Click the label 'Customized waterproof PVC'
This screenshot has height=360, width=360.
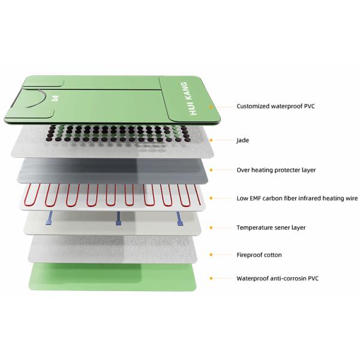tap(275, 106)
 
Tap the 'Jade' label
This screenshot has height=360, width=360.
tap(242, 140)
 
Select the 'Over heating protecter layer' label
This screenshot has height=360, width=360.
tap(276, 170)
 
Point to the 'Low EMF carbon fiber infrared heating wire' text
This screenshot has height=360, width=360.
tap(297, 198)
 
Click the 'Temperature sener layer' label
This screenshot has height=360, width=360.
tap(271, 227)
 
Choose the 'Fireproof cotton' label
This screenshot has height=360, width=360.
tap(259, 254)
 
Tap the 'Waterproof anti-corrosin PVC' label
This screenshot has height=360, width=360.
tap(278, 278)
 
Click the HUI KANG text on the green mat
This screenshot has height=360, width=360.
tap(189, 98)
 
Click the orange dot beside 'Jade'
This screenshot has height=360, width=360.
tap(211, 140)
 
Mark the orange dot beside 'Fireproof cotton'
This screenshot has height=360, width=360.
tap(211, 254)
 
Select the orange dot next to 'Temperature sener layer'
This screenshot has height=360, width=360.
tap(211, 227)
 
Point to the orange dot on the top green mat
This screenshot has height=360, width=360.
tap(211, 107)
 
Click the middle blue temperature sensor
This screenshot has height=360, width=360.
tap(118, 218)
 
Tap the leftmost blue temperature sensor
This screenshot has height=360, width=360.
tap(49, 218)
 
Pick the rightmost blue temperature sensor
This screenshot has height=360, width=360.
tap(179, 219)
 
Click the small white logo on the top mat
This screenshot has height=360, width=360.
tap(55, 98)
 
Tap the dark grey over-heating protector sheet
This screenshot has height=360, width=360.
tap(113, 170)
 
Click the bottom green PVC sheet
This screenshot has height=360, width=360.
tap(113, 277)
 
